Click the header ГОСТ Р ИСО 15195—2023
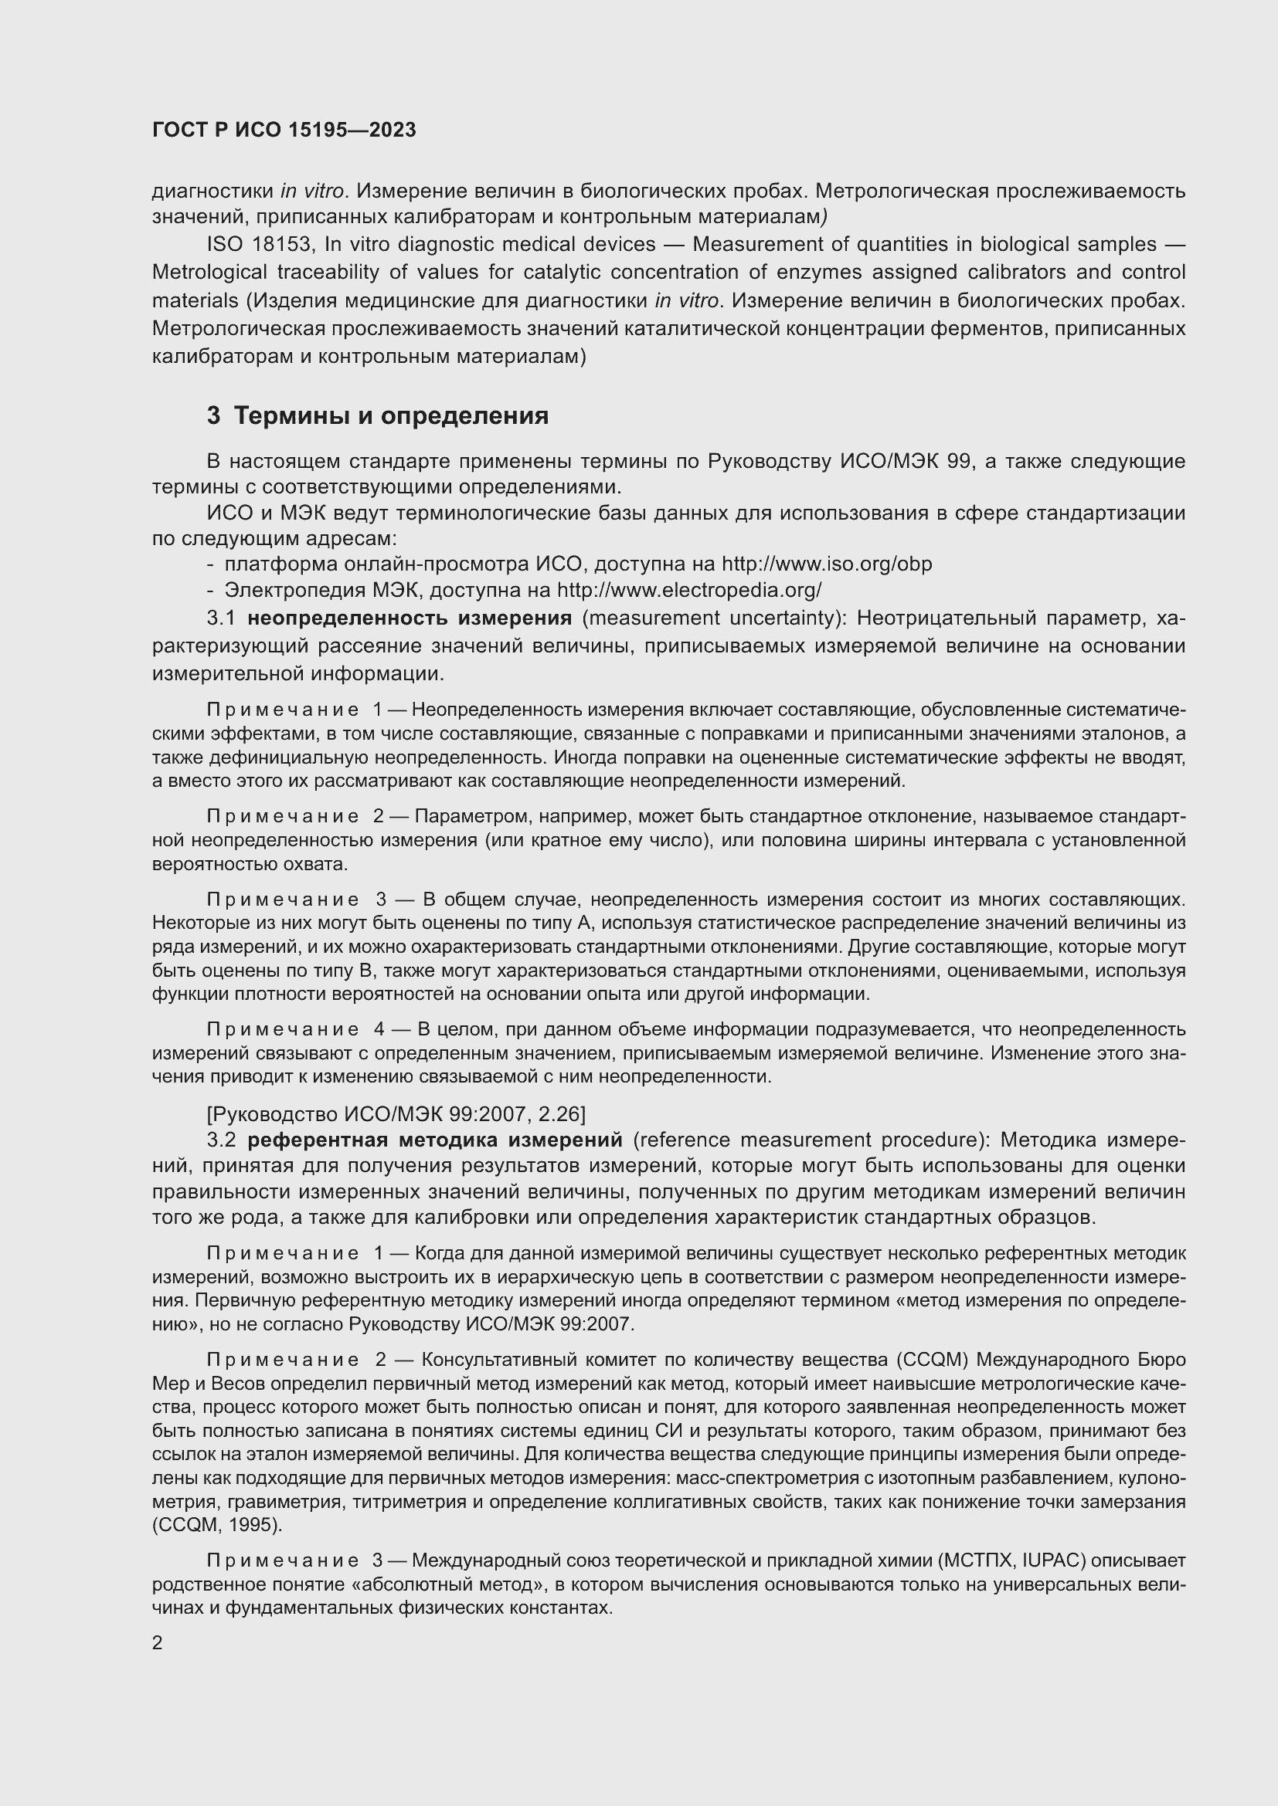[284, 130]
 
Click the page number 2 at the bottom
[158, 1642]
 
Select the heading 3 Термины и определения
[378, 415]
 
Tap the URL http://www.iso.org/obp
[826, 564]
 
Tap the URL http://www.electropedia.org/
[688, 590]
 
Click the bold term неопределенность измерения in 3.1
[410, 618]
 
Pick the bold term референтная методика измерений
[434, 1140]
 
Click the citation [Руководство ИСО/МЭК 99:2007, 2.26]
[396, 1114]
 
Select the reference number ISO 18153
[259, 245]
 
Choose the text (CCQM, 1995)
[217, 1525]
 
